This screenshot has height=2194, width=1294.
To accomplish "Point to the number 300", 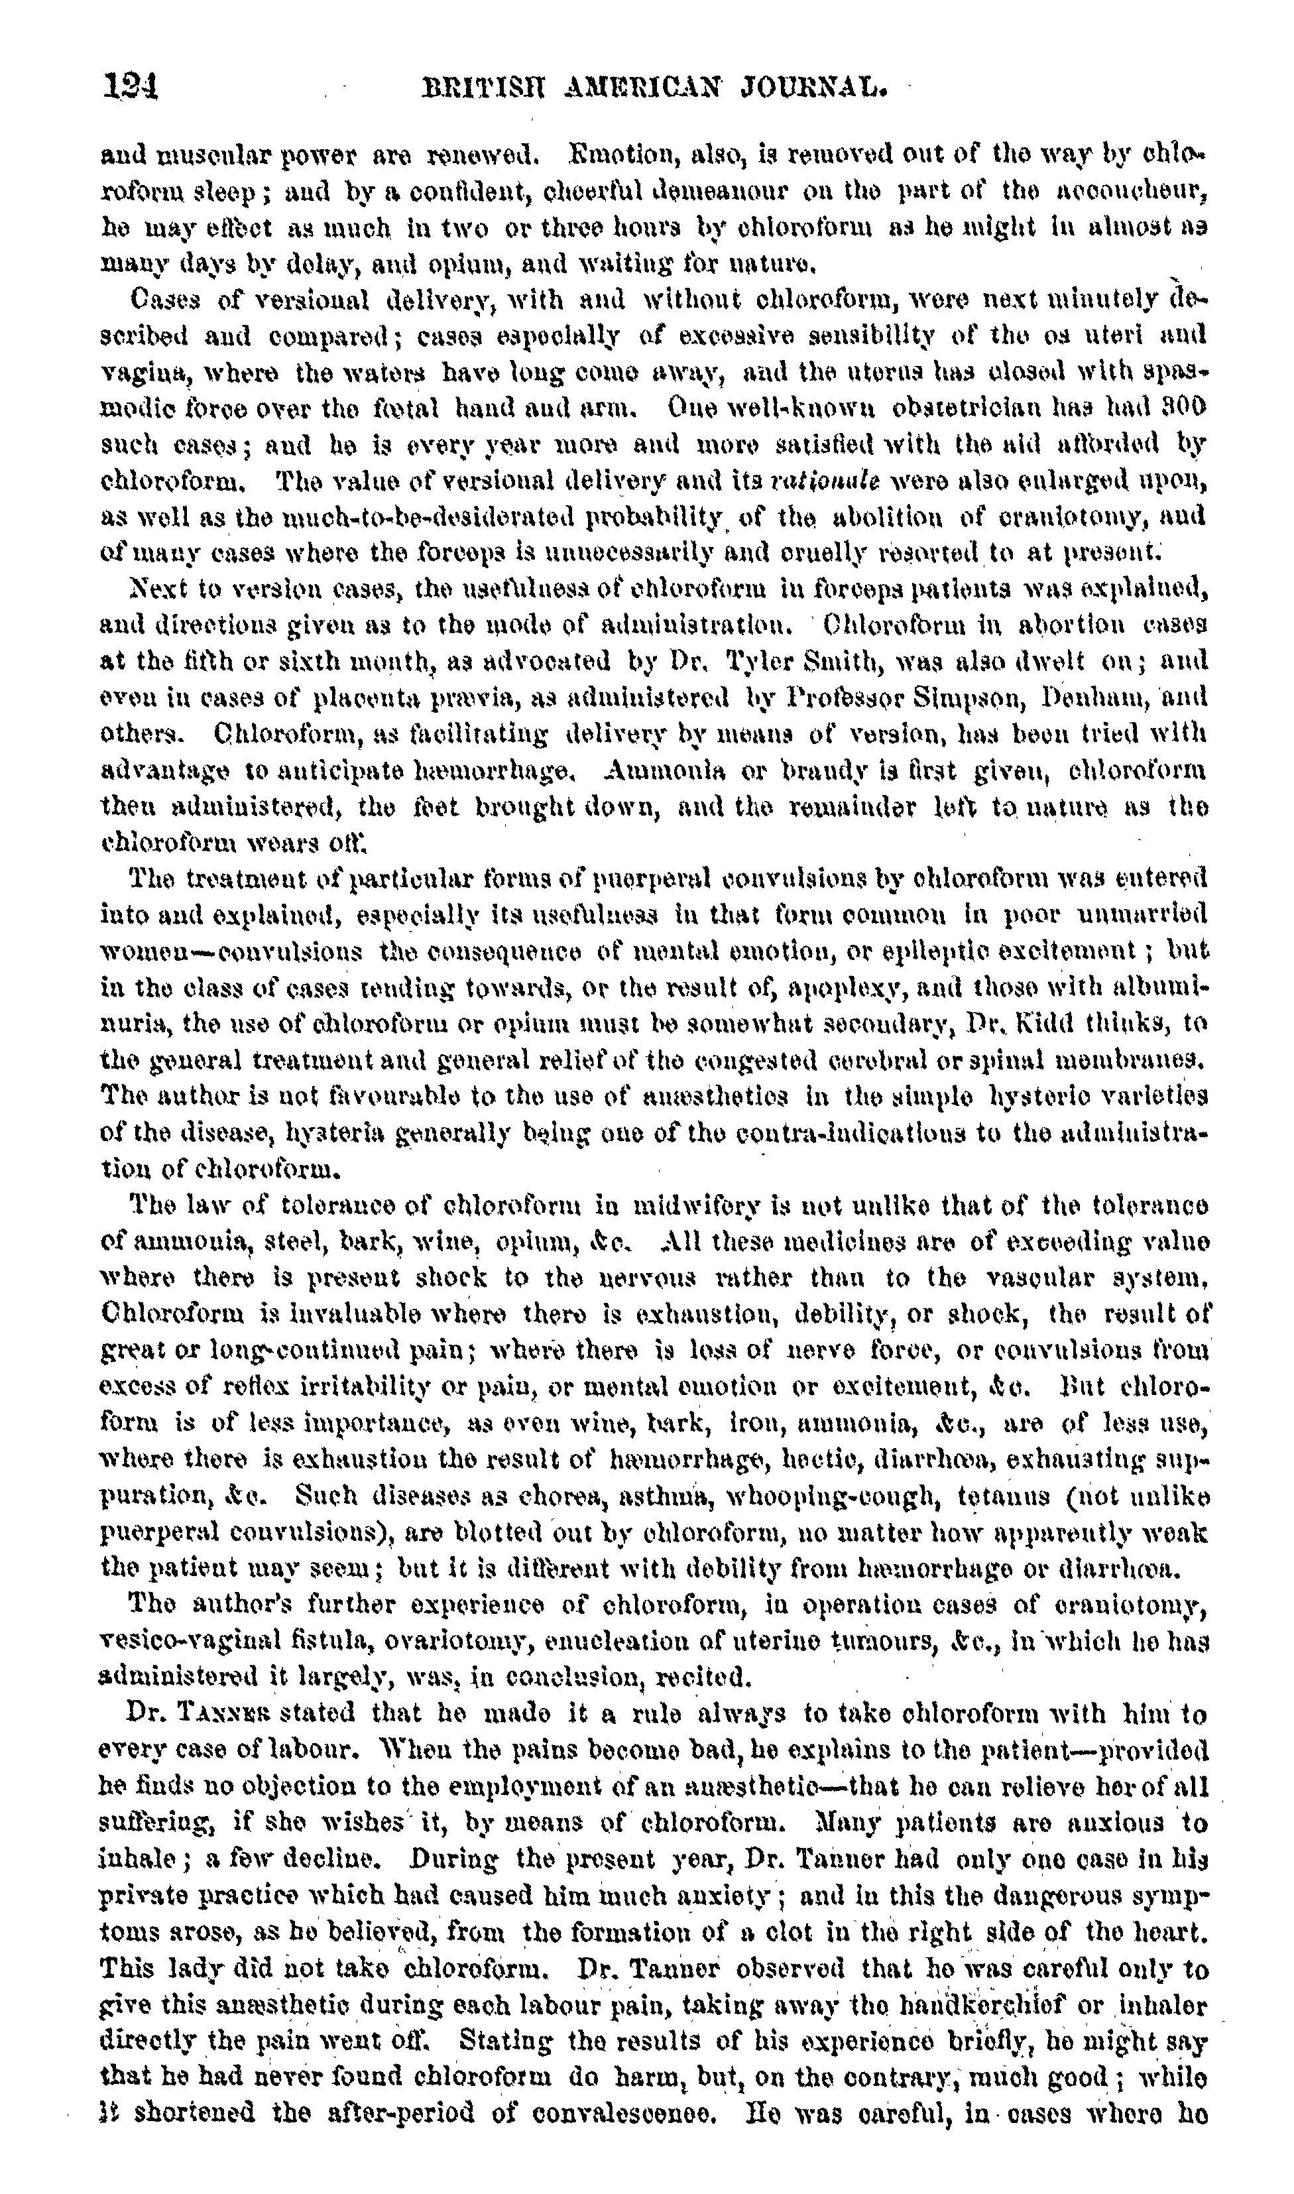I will click(x=1189, y=408).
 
